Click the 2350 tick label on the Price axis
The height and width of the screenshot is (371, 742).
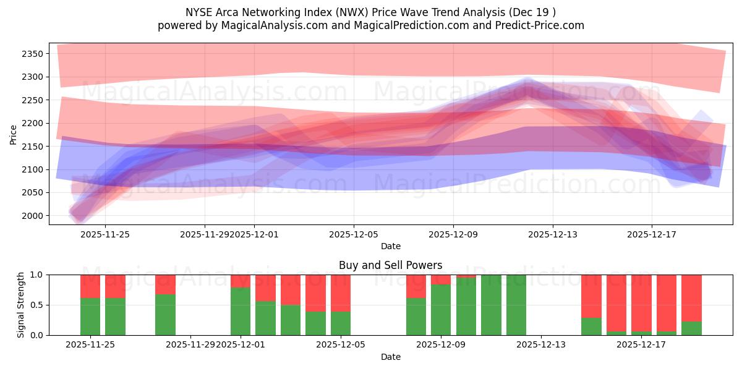pyautogui.click(x=32, y=54)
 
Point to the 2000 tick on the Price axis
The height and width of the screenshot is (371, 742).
pyautogui.click(x=32, y=216)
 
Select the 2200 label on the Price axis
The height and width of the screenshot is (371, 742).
pyautogui.click(x=32, y=123)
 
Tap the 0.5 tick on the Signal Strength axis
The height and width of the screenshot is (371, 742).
pyautogui.click(x=36, y=305)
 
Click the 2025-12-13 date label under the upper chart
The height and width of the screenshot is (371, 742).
pyautogui.click(x=552, y=234)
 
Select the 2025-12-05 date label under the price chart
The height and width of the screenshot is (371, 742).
pyautogui.click(x=353, y=234)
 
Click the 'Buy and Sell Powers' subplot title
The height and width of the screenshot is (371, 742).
pyautogui.click(x=390, y=265)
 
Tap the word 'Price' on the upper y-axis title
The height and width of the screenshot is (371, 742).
pyautogui.click(x=13, y=134)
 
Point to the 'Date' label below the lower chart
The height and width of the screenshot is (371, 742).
pyautogui.click(x=390, y=357)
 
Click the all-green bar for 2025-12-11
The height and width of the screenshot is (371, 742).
pyautogui.click(x=491, y=305)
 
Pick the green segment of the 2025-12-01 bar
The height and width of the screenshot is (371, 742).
pyautogui.click(x=241, y=311)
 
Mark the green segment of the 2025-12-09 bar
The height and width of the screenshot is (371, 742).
pyautogui.click(x=441, y=310)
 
